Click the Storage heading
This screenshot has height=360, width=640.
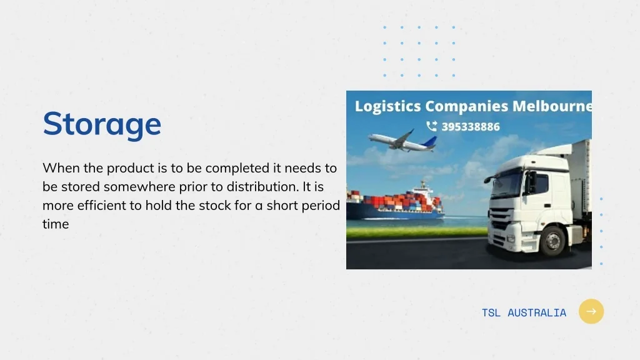pos(102,124)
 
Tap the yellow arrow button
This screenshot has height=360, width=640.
pos(591,311)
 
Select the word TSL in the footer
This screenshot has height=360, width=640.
pos(491,312)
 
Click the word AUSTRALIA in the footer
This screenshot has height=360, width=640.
pos(537,312)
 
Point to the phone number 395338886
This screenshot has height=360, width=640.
pos(471,127)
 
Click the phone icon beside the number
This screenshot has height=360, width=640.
pos(431,126)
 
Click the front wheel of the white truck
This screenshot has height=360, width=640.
pos(553,241)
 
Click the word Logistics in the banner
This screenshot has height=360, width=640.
pos(387,106)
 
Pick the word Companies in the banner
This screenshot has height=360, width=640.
pos(466,106)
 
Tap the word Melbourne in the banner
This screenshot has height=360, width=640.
pos(552,106)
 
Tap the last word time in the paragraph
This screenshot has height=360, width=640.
pos(56,224)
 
